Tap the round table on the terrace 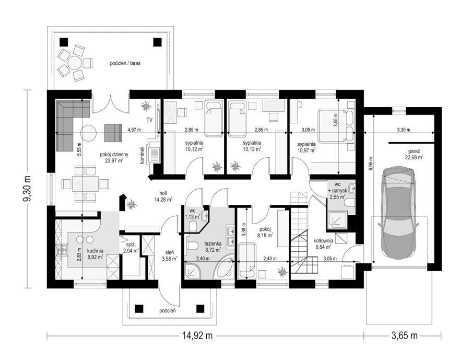[x=74, y=63]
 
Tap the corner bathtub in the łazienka [x=223, y=267]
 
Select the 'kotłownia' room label [x=323, y=241]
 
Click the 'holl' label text [x=163, y=193]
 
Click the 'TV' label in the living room [x=150, y=120]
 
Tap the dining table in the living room [x=85, y=183]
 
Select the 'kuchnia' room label [x=95, y=251]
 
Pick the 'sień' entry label [x=170, y=252]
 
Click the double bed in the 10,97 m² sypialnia [x=337, y=126]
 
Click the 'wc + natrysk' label [x=338, y=188]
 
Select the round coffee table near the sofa [x=89, y=133]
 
